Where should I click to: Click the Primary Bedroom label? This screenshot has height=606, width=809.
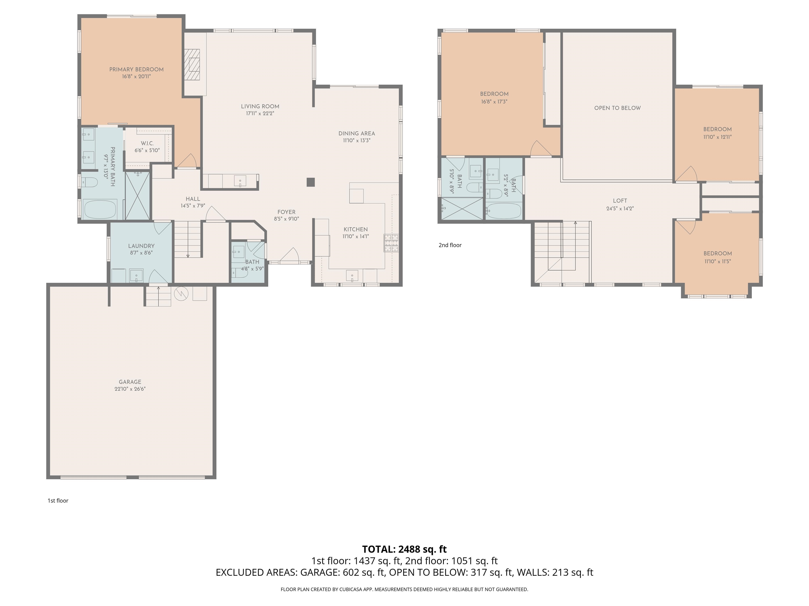click(x=136, y=69)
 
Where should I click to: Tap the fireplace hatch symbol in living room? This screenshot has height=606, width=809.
click(x=192, y=64)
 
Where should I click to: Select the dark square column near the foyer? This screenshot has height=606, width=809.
click(x=310, y=182)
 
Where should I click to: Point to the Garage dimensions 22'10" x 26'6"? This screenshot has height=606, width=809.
click(x=130, y=389)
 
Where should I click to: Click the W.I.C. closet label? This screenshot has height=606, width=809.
click(x=147, y=143)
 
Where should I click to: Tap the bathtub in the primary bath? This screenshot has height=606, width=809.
click(x=100, y=209)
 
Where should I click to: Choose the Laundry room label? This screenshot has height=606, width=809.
click(x=141, y=246)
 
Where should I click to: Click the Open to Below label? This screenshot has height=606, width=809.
click(x=617, y=108)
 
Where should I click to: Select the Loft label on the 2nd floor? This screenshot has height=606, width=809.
click(x=620, y=200)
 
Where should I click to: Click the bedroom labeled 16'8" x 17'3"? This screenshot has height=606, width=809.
click(x=494, y=94)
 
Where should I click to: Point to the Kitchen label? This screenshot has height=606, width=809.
click(x=356, y=229)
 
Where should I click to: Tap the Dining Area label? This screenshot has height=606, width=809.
click(x=357, y=133)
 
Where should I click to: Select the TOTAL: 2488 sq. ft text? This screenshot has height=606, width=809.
click(x=404, y=549)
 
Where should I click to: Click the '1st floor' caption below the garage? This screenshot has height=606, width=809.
click(x=58, y=501)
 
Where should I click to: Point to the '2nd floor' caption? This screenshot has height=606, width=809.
click(x=450, y=245)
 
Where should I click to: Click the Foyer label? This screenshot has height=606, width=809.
click(x=286, y=212)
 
